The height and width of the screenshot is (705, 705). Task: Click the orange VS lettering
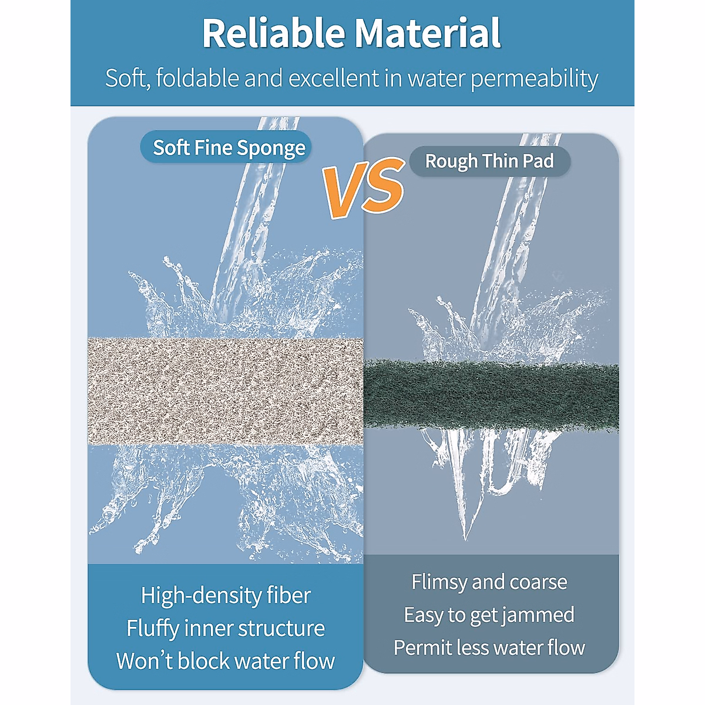tap(364, 187)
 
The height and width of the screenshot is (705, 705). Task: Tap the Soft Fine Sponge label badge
tap(226, 147)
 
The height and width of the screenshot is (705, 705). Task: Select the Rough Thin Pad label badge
tap(489, 162)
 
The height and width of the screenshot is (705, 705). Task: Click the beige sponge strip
tap(226, 391)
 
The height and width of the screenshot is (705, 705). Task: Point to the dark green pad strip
tap(491, 395)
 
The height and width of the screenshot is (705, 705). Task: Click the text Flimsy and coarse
tap(489, 582)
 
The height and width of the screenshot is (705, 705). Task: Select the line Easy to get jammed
tap(489, 615)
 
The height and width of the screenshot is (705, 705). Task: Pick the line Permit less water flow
tap(489, 647)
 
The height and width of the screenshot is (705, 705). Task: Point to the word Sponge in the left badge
tap(271, 148)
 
